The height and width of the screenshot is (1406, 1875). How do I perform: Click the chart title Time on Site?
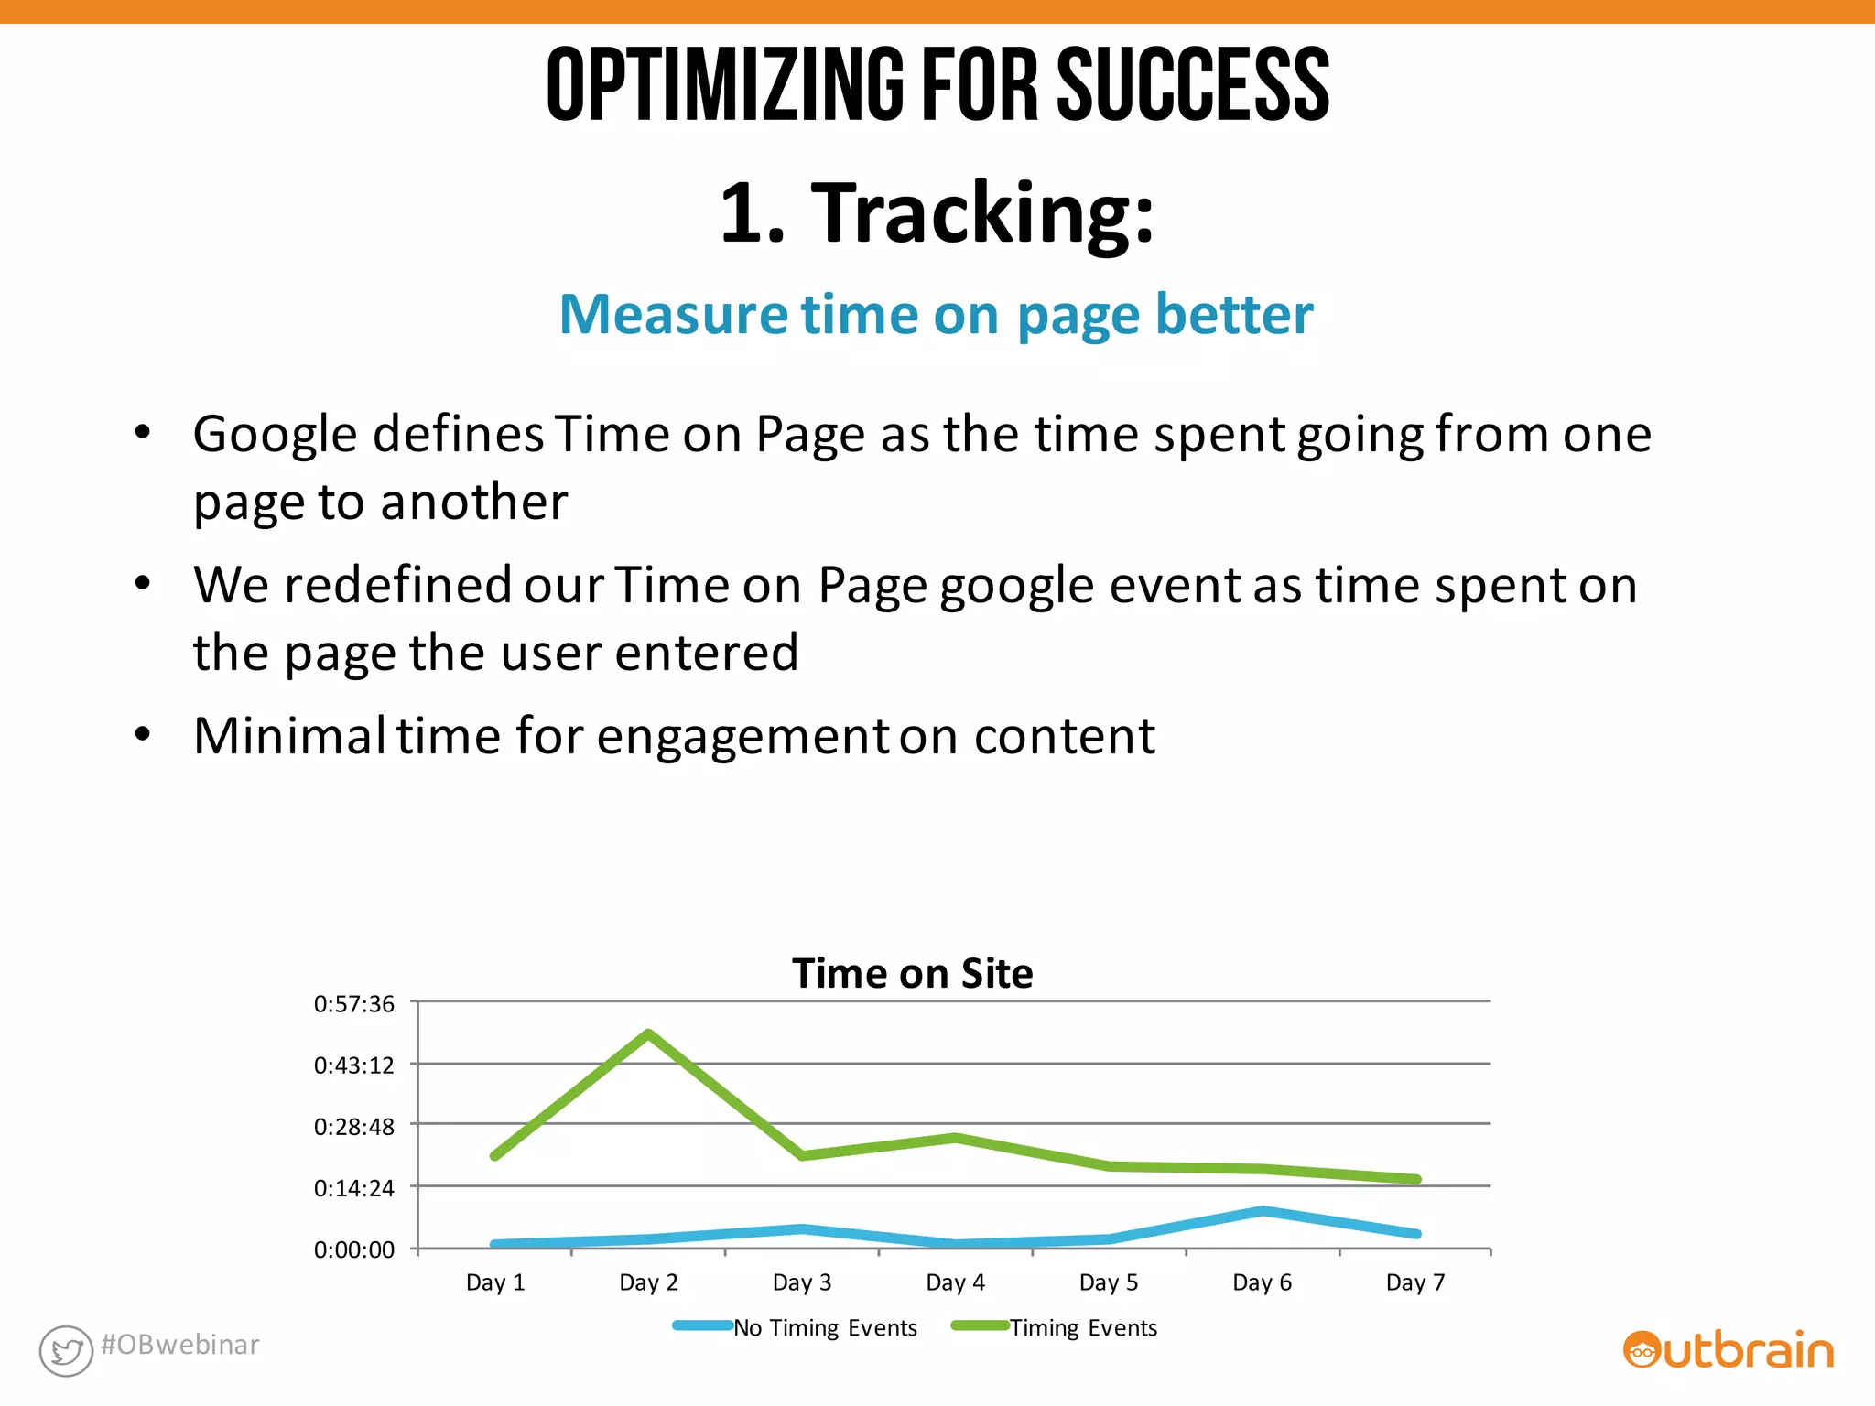coord(912,973)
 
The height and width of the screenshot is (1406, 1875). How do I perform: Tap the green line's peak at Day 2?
coord(648,1034)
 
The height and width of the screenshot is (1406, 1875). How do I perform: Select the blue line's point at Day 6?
coord(1263,1210)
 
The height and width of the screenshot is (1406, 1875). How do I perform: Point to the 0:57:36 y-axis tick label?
coord(354,1004)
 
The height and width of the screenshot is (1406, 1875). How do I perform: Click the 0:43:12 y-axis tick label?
coord(354,1065)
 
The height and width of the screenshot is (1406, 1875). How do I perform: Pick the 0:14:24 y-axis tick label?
coord(354,1188)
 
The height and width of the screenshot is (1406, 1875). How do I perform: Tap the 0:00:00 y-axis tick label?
coord(354,1249)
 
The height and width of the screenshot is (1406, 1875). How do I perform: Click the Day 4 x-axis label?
coord(955,1282)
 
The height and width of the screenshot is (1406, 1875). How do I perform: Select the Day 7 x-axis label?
coord(1415,1282)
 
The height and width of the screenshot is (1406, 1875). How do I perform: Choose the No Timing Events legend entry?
coord(824,1327)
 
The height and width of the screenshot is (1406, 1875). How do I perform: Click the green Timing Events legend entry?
coord(1083,1327)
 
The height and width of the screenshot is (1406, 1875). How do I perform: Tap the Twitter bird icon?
coord(66,1350)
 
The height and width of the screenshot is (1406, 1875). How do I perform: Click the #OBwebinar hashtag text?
coord(180,1345)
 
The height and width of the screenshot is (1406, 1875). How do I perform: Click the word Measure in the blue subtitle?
coord(674,315)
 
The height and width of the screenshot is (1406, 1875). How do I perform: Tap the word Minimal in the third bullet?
coord(289,736)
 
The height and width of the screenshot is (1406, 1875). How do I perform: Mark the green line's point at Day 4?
coord(955,1138)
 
